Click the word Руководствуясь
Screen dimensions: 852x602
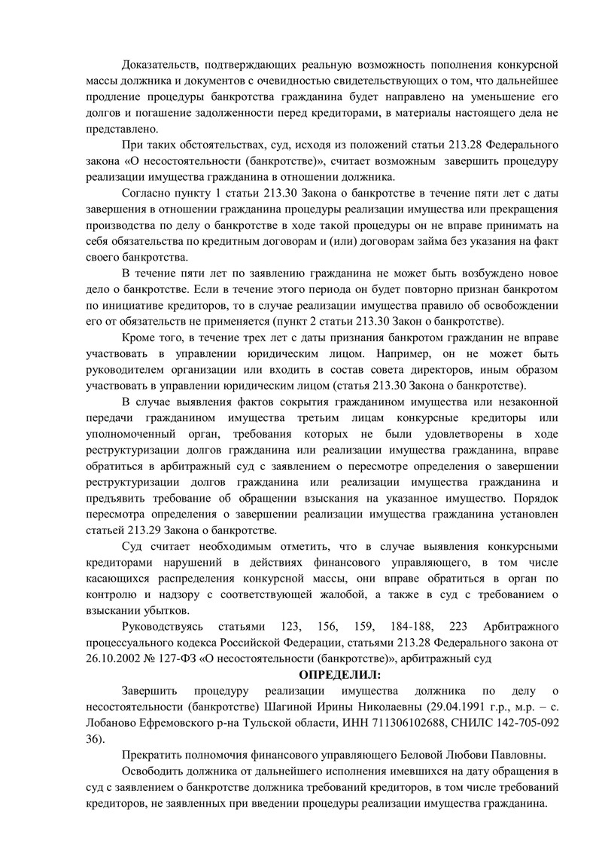coord(159,628)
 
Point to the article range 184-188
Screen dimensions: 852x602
coord(406,628)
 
